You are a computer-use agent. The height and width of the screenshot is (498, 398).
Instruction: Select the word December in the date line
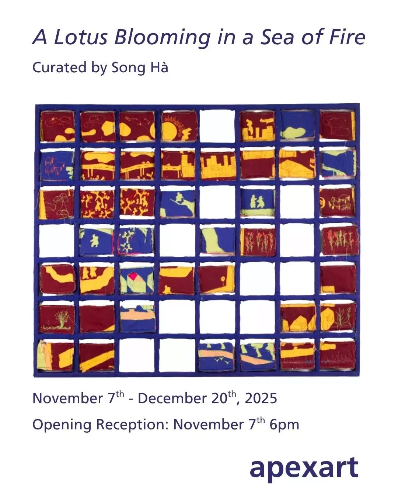tap(172, 398)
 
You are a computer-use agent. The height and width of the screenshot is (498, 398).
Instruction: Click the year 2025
tap(261, 398)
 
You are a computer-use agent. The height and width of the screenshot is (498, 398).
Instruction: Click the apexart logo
tap(304, 467)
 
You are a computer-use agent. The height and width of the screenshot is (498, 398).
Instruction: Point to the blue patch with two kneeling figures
tap(258, 202)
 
